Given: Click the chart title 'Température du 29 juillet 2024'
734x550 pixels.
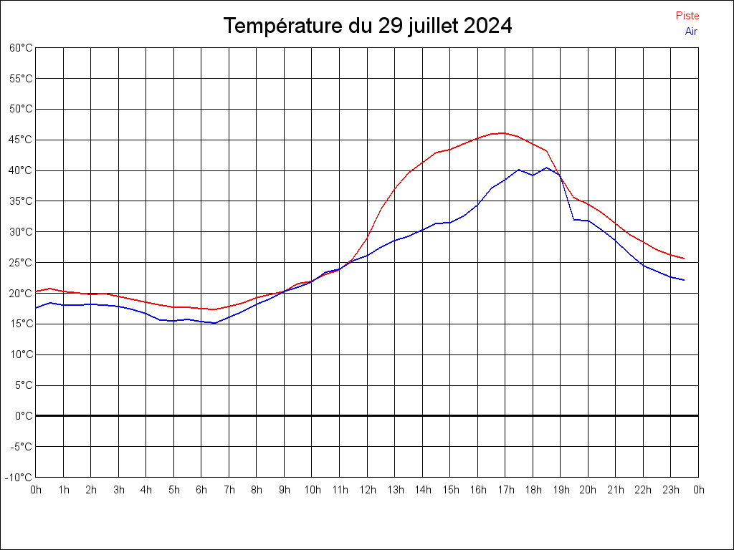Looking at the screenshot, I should coord(367,26).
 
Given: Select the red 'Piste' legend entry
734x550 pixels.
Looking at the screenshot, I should coord(687,16).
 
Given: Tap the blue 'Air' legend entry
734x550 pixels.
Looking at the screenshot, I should coord(691,32).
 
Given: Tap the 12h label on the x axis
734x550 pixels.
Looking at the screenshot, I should coord(367,490).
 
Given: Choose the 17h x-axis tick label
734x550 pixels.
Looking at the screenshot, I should coord(505,490).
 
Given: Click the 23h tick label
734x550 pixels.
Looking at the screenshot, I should coord(671,490).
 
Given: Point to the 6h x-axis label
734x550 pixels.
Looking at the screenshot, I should coord(201,490).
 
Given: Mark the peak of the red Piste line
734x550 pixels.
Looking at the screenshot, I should coord(504,132).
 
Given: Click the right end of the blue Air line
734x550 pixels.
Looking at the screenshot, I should coord(685,280).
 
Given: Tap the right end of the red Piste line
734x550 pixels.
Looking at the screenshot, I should coord(685,259).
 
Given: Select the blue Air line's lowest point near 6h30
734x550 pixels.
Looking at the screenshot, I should coord(215,323).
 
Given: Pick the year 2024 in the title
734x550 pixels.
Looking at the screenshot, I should coord(488,26).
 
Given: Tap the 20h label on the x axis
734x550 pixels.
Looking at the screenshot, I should coord(588,490).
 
